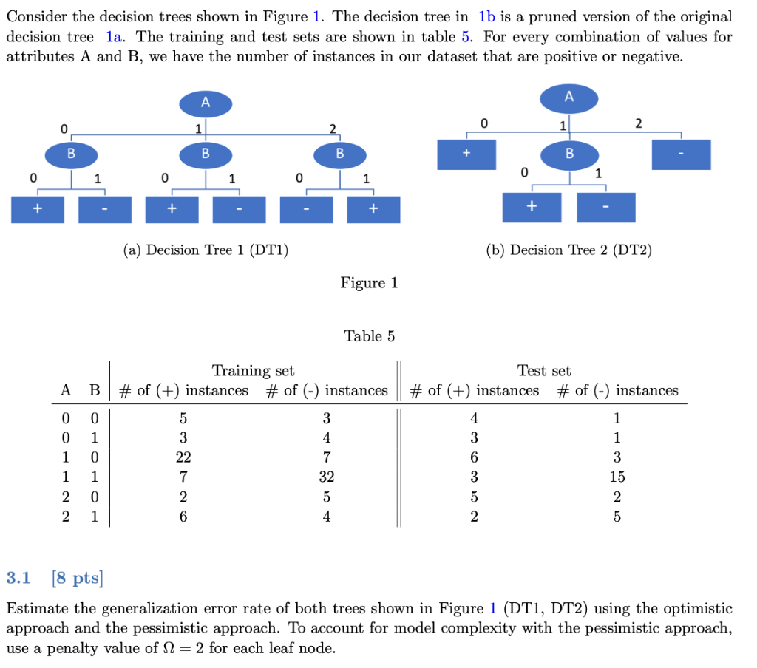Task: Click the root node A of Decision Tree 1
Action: coord(206,103)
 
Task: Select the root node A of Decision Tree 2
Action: coord(568,97)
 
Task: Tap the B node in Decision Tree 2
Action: coord(568,154)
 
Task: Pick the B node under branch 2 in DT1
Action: coord(339,154)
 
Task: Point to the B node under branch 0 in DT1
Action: coord(71,154)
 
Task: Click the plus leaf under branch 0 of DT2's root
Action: coord(466,154)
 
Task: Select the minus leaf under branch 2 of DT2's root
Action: coord(681,154)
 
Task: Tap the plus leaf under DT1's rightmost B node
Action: coord(373,209)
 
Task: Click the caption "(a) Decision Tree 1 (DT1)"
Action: coord(206,250)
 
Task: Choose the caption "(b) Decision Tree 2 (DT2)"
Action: coord(568,250)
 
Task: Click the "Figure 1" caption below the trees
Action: coord(369,283)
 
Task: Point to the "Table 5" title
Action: coord(369,336)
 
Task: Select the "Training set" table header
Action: coord(253,371)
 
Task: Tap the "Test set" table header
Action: coord(544,371)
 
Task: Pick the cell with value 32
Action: coord(326,477)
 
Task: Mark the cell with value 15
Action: coord(617,477)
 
